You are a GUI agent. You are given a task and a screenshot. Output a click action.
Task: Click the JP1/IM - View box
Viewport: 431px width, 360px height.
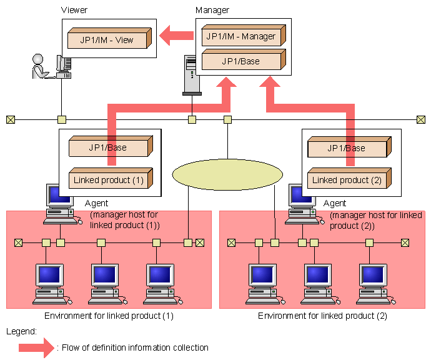coord(107,40)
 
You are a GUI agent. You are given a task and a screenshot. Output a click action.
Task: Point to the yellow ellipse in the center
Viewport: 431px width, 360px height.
coord(227,174)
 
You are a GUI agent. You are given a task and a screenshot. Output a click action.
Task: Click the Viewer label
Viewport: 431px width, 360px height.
coord(75,11)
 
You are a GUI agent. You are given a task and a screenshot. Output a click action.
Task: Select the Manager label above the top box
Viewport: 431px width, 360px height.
coord(212,11)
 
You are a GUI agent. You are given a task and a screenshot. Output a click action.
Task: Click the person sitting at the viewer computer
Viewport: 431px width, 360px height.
coord(39,66)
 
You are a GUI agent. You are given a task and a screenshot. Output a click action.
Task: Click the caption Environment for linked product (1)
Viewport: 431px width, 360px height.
coord(109,316)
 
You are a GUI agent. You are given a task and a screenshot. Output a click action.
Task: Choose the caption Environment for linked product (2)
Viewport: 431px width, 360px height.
coord(322,316)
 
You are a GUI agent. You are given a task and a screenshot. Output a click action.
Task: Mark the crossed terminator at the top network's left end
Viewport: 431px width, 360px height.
coord(11,119)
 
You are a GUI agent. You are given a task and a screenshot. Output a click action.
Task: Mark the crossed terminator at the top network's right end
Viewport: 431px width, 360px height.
coord(421,119)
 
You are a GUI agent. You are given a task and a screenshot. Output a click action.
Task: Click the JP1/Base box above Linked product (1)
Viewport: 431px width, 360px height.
coord(107,148)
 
